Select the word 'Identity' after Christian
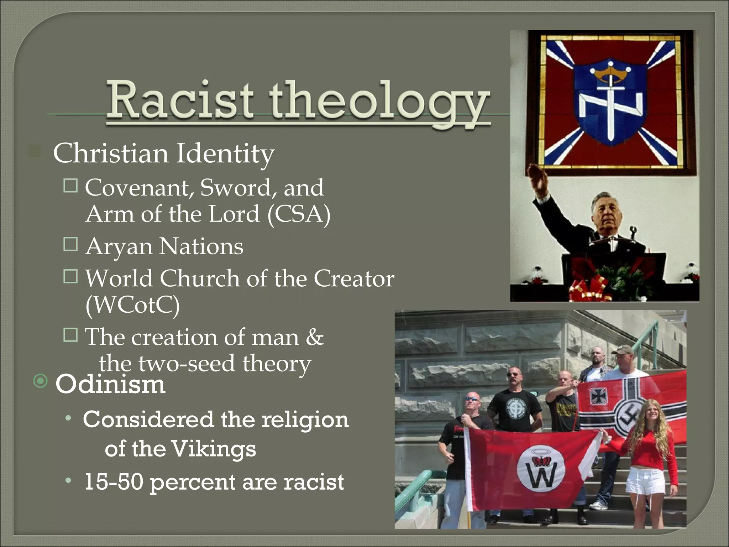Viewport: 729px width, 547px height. (x=225, y=154)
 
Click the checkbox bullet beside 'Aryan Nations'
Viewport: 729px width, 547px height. (x=70, y=245)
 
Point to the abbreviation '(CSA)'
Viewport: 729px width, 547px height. (x=299, y=214)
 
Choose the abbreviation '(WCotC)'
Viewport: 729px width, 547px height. (x=132, y=305)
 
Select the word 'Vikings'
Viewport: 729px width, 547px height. (x=214, y=449)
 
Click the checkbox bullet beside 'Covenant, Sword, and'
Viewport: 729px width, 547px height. (x=70, y=186)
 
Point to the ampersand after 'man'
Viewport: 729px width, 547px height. (x=314, y=337)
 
